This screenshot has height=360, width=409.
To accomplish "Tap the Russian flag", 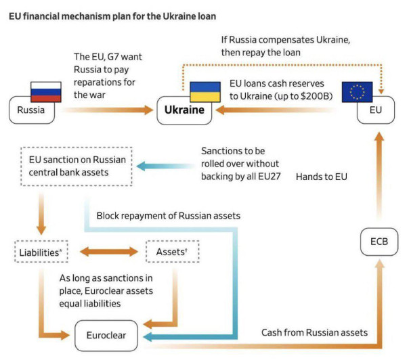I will tap(46, 91).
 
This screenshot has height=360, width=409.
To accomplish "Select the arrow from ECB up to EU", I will tap(379, 176).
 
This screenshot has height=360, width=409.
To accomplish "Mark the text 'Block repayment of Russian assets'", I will tap(167, 216).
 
